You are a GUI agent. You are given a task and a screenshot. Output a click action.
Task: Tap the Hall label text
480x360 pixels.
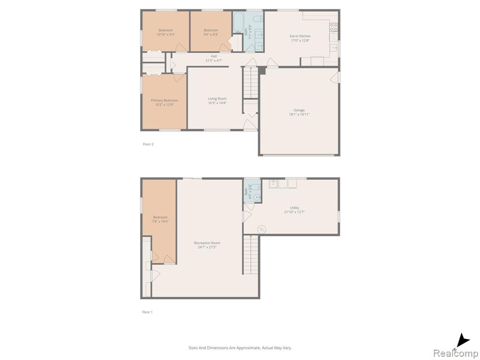pyautogui.click(x=214, y=56)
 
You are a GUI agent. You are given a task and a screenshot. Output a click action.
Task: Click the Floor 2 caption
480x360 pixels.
pyautogui.click(x=148, y=144)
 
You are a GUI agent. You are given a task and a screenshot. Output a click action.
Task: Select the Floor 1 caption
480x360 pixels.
pyautogui.click(x=147, y=312)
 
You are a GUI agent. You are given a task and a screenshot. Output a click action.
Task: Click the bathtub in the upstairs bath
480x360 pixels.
pyautogui.click(x=238, y=22)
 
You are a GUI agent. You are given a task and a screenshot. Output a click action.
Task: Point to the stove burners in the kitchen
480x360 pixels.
pyautogui.click(x=333, y=27)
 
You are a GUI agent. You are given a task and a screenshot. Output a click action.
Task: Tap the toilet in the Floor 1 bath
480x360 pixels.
pyautogui.click(x=257, y=197)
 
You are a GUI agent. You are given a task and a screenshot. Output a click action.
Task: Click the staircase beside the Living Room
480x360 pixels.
pyautogui.click(x=251, y=82)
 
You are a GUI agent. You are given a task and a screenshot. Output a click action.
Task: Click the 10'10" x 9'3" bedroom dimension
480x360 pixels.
pyautogui.click(x=165, y=35)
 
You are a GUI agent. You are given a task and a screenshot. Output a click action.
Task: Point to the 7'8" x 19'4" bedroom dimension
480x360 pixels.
pyautogui.click(x=160, y=221)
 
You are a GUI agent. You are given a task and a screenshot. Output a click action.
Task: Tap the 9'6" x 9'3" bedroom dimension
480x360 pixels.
pyautogui.click(x=211, y=35)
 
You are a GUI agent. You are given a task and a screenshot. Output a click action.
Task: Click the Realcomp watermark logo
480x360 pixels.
pyautogui.click(x=456, y=353)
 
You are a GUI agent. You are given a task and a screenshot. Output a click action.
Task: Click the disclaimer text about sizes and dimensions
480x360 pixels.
pyautogui.click(x=240, y=348)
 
